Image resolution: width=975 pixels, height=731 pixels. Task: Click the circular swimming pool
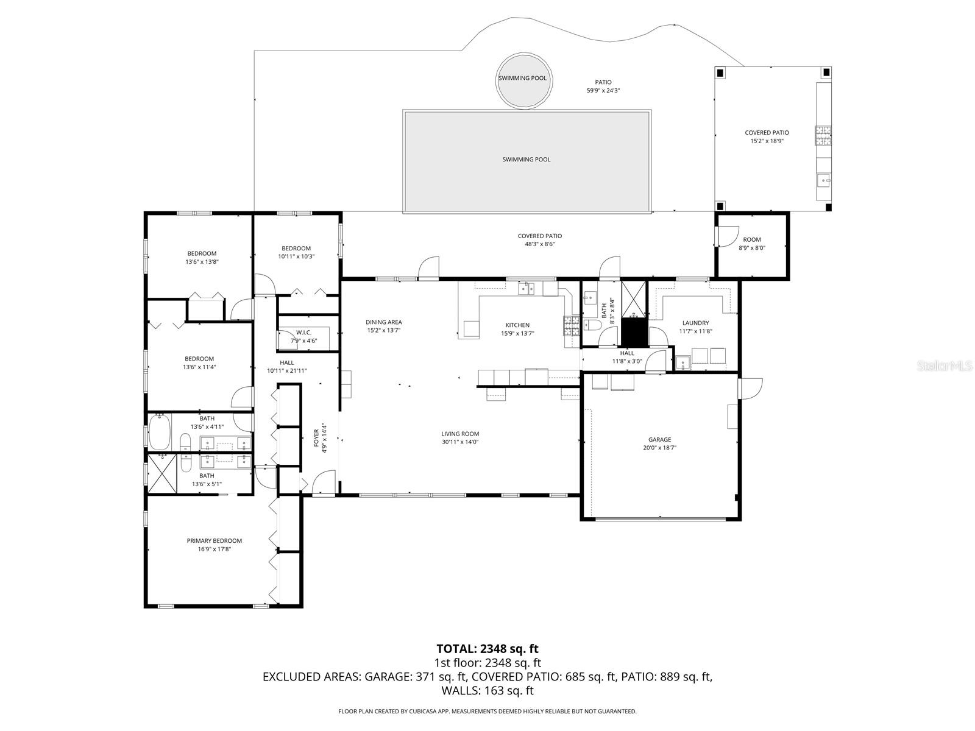[523, 81]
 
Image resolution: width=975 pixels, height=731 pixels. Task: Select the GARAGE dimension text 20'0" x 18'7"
[659, 448]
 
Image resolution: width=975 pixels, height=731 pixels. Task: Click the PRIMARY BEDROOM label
[214, 541]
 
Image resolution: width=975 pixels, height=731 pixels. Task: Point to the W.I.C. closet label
[303, 333]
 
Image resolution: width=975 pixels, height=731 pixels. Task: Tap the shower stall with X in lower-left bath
[162, 473]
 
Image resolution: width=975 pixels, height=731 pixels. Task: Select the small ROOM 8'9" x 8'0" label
[752, 240]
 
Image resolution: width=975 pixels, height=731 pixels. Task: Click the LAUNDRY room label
[695, 323]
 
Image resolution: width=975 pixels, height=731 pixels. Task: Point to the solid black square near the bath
[633, 332]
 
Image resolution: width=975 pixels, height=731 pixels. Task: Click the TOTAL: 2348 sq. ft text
[487, 649]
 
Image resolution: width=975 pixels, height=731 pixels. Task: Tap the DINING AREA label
[384, 323]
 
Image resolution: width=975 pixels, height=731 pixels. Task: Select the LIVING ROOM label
[460, 434]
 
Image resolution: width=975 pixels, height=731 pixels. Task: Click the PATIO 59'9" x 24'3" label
[603, 82]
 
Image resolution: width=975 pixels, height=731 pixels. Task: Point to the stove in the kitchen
[571, 327]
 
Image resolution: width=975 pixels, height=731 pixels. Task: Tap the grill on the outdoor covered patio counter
[823, 135]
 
